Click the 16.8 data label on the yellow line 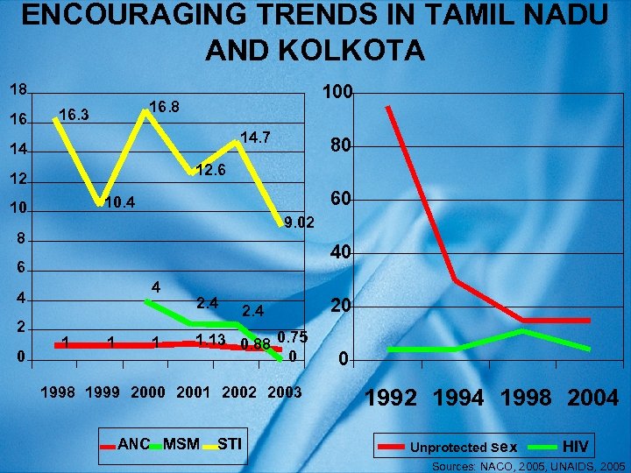coord(164,107)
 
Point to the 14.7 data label coord(255,138)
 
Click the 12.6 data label coord(210,170)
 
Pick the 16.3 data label coord(74,114)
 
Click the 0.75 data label coord(292,337)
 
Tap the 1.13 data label coord(211,340)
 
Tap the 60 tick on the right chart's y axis coord(341,201)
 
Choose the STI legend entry coord(229,444)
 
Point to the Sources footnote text coord(528,466)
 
